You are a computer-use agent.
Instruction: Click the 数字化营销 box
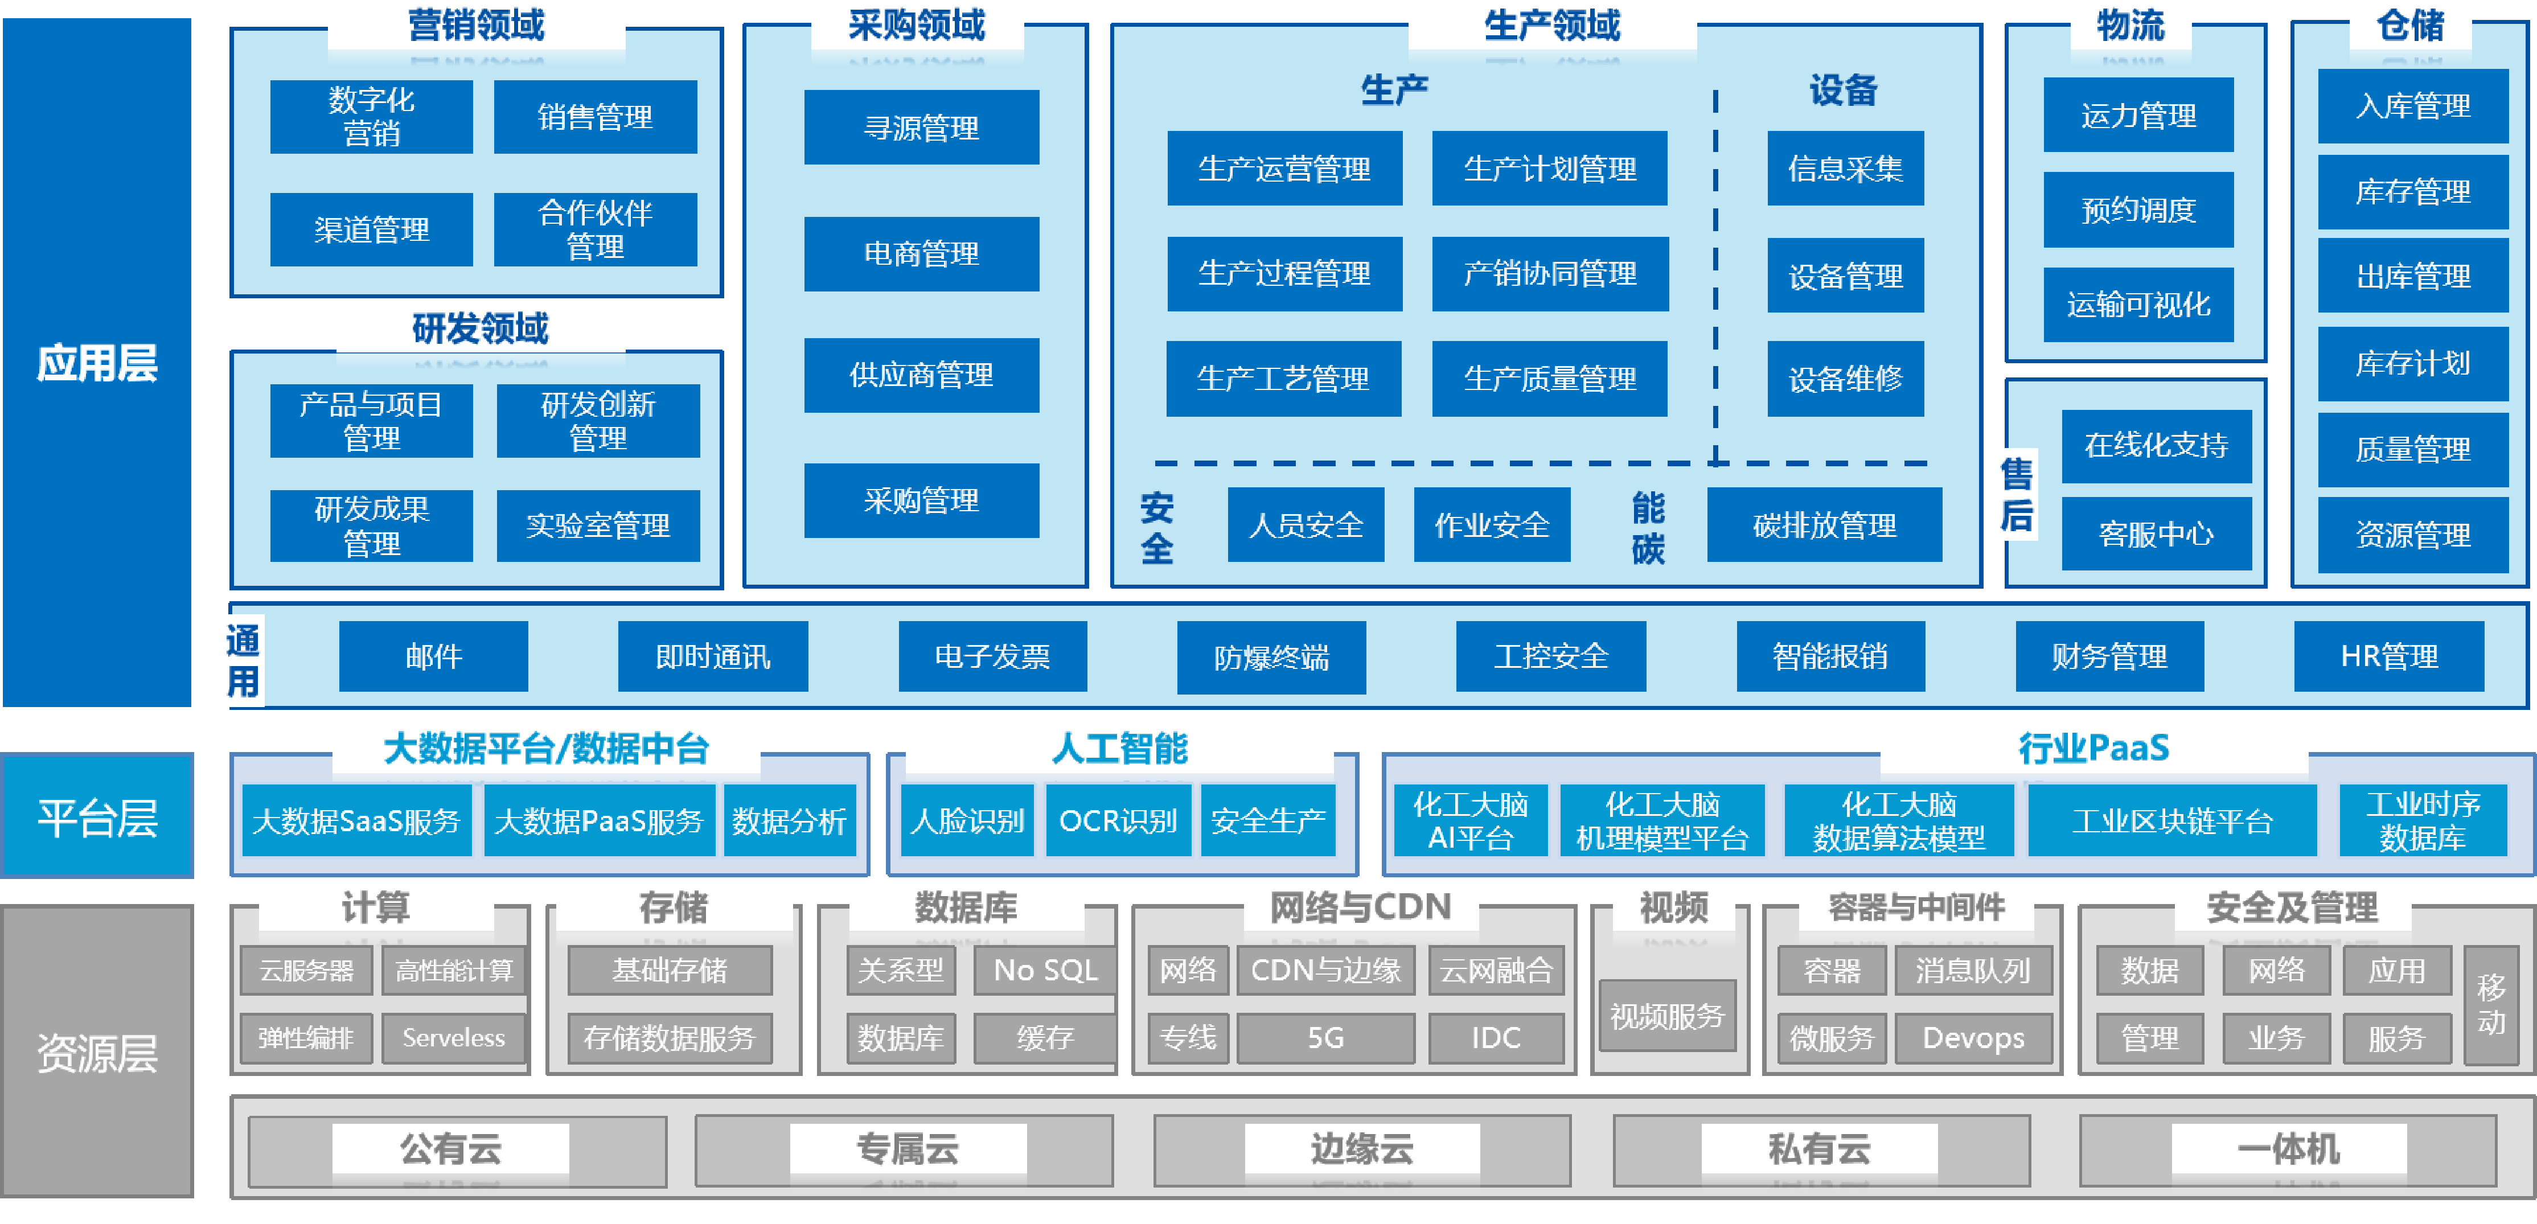371,116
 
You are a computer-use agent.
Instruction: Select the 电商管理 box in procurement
921,254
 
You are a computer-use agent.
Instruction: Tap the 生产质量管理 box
1549,378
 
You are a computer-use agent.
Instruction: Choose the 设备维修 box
1845,378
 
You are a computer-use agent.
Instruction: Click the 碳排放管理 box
1824,525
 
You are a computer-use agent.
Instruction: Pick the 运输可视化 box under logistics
2138,304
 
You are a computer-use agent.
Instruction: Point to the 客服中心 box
2156,533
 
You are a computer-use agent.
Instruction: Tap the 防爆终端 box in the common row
1270,657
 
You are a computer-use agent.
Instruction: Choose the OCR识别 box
1118,820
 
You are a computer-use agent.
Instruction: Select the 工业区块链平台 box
2171,820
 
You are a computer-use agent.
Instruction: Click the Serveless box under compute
453,1038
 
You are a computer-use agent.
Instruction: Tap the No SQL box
1045,971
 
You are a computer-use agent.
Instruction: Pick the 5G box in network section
1325,1038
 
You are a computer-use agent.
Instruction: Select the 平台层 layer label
97,816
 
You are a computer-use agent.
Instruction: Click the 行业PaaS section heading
2093,749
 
